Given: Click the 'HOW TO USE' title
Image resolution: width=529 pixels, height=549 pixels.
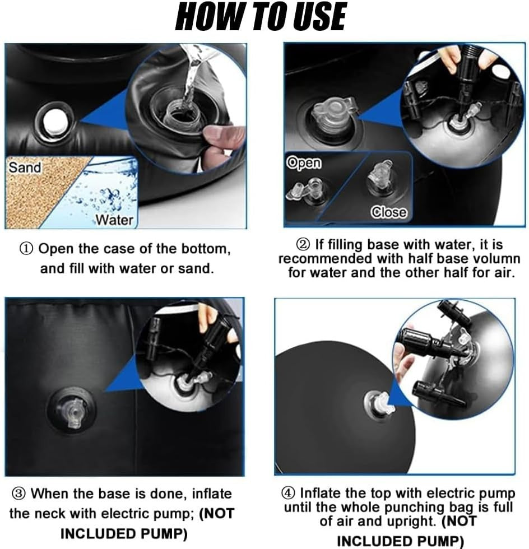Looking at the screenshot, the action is pos(261,17).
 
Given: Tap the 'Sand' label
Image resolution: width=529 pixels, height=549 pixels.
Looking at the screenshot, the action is pos(25,168).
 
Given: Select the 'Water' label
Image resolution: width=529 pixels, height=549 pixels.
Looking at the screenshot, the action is pos(114,220).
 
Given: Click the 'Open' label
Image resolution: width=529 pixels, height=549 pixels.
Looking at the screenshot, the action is pos(304,163).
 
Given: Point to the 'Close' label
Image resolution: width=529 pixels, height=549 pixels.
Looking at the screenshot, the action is pos(389,212).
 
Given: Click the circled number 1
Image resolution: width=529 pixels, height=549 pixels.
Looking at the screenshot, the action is pos(26,249).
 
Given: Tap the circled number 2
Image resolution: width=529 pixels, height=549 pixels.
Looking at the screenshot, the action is pos(303,244).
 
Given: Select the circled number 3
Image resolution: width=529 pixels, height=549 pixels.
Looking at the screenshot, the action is pos(18,494).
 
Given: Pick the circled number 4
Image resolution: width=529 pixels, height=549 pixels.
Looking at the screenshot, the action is pos(288,493).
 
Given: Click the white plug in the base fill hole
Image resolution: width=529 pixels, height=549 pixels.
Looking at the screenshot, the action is pos(55,122).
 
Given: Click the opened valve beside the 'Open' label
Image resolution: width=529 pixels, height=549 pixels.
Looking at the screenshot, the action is pos(308,190).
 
